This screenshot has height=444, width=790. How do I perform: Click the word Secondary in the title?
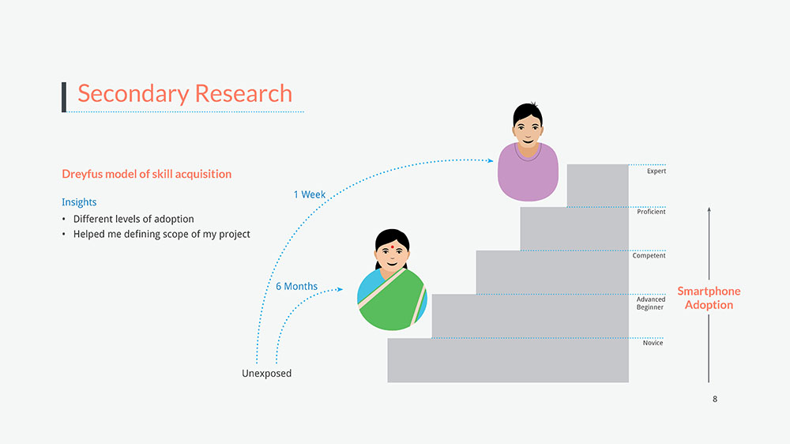[134, 94]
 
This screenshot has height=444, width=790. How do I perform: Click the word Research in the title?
[243, 94]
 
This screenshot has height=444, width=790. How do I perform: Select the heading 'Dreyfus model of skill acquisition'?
[147, 175]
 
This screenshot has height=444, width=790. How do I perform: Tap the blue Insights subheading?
[79, 202]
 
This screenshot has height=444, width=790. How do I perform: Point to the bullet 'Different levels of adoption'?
[134, 219]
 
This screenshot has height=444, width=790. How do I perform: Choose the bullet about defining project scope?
[162, 235]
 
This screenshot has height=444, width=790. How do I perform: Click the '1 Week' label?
[310, 194]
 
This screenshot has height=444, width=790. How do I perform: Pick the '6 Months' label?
[296, 286]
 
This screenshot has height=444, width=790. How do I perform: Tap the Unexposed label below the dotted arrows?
[266, 374]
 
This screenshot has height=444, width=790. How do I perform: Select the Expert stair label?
[656, 171]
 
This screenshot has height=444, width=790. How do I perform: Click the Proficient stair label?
[651, 212]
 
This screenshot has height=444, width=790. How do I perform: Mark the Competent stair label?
[649, 255]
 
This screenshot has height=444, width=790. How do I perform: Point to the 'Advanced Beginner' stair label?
[650, 303]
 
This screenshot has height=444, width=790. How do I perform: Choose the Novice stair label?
[653, 343]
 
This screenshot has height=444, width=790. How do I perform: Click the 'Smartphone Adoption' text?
[709, 298]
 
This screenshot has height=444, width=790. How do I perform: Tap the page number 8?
[715, 399]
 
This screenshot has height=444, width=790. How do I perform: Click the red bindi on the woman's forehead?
[392, 247]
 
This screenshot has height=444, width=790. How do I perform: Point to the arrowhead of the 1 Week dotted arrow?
[491, 160]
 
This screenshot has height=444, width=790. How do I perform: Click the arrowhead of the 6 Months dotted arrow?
[340, 289]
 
